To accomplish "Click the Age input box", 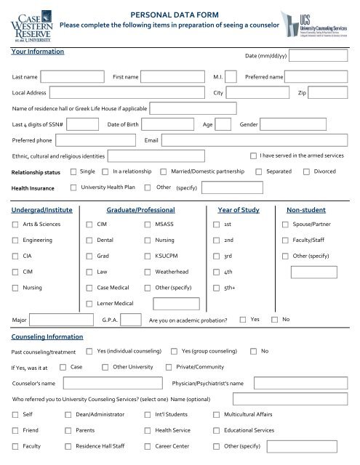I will pos(223,124).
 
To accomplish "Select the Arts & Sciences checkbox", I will pos(15,225).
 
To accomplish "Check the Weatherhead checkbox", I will pos(149,272).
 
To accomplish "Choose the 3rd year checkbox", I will pos(217,256).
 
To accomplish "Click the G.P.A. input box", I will pos(131,320).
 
